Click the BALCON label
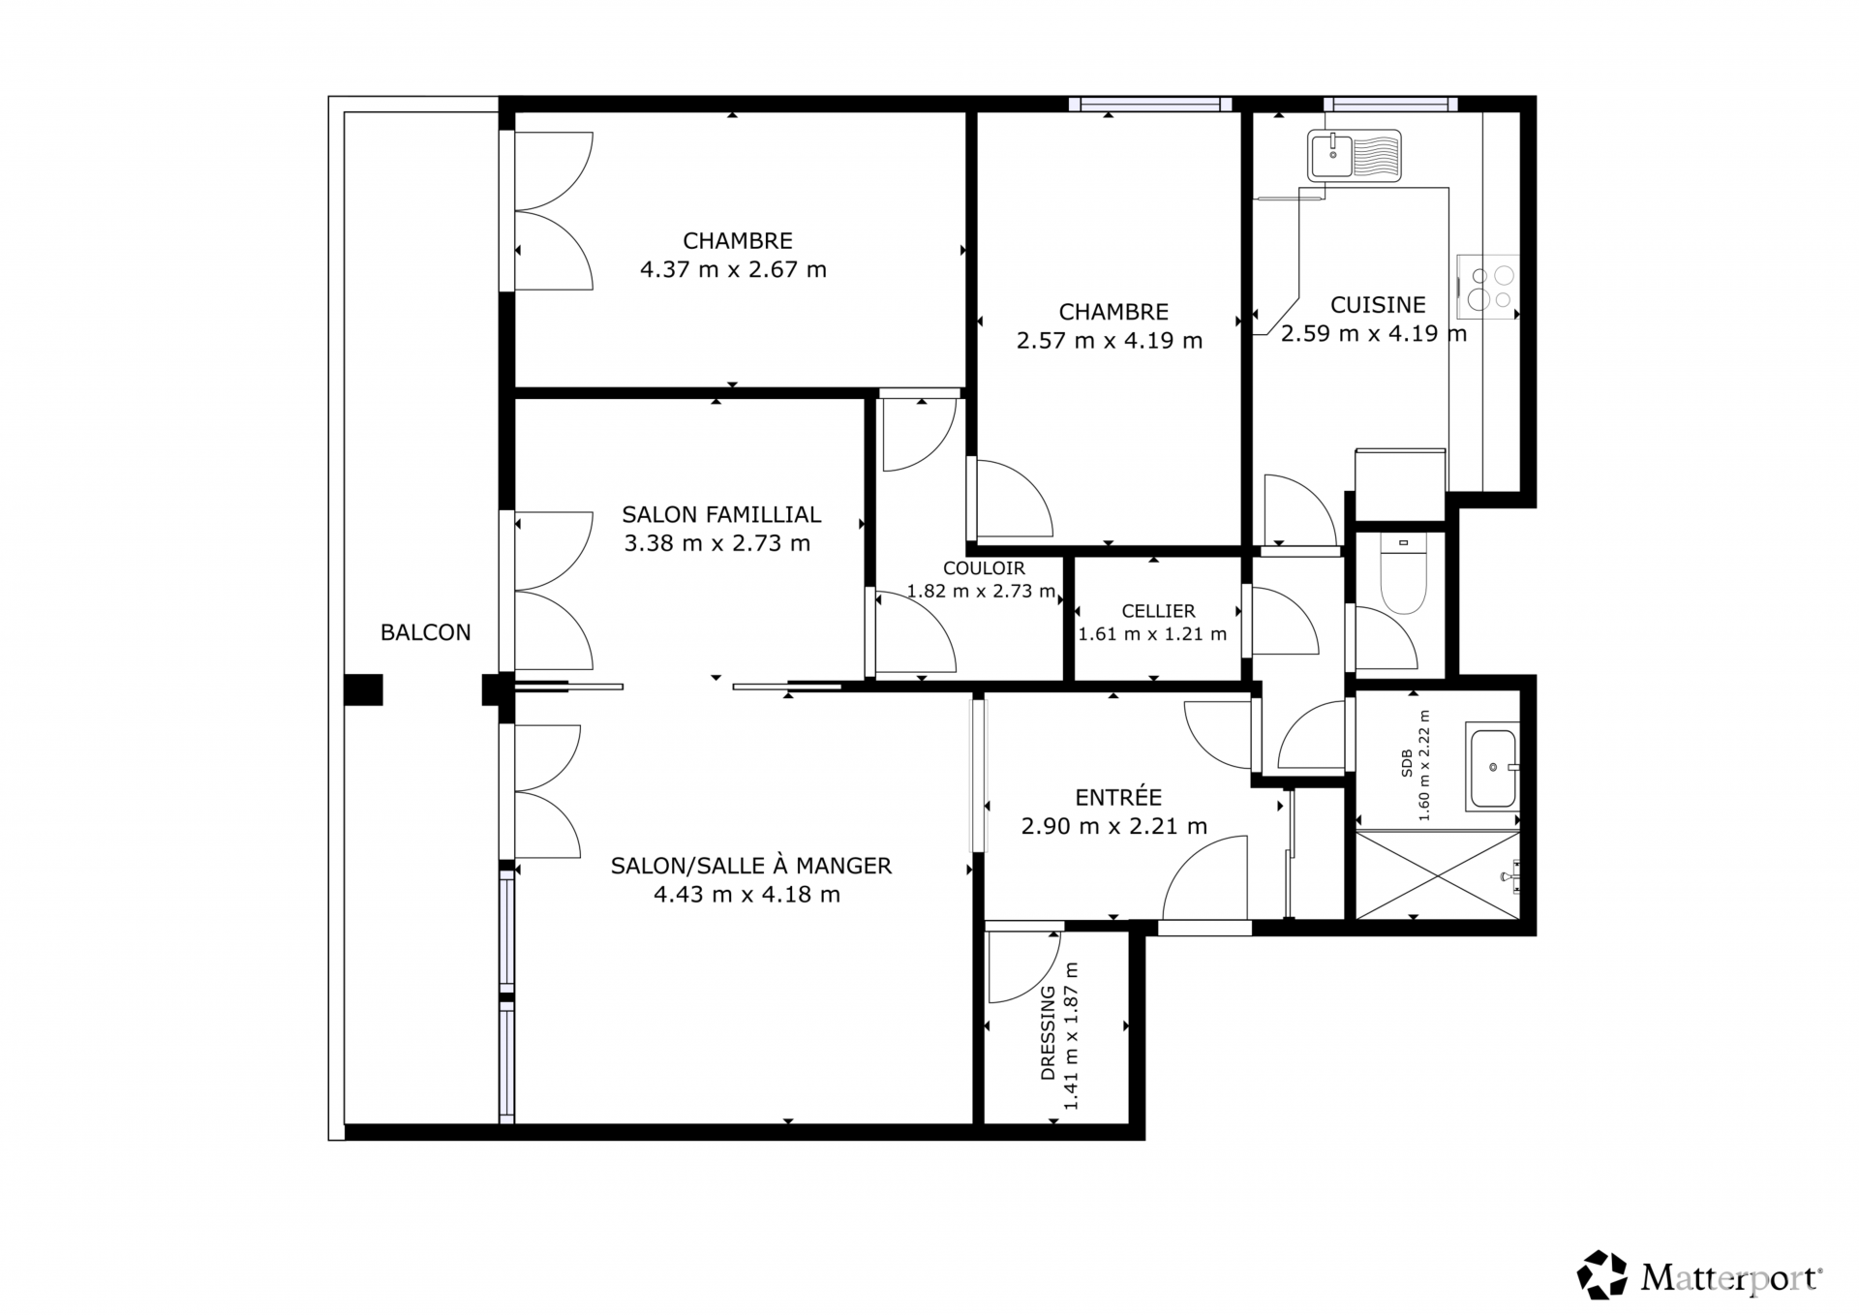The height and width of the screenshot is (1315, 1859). click(x=425, y=632)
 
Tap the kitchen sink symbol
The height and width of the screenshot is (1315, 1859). click(x=1354, y=156)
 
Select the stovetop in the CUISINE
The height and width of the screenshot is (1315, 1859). click(x=1488, y=287)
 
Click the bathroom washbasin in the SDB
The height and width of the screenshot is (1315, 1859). click(x=1492, y=767)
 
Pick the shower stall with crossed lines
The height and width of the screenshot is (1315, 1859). click(x=1438, y=874)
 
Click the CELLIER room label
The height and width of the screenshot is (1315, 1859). click(x=1158, y=611)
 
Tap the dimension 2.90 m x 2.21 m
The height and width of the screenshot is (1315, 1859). click(x=1114, y=826)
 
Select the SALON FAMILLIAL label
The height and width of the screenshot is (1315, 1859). click(x=721, y=514)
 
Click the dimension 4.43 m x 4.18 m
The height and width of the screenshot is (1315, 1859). click(x=747, y=894)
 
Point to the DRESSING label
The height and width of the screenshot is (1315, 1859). click(x=1048, y=1033)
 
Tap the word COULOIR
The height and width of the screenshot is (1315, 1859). click(x=984, y=568)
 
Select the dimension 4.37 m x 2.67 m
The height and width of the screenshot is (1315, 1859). click(x=733, y=269)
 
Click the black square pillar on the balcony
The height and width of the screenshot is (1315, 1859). click(x=363, y=689)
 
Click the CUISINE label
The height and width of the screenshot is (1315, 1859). click(x=1378, y=305)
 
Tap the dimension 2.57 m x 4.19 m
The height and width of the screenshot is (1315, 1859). click(x=1110, y=341)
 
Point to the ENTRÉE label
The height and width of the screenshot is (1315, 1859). click(x=1118, y=797)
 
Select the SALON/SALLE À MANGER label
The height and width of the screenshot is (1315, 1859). click(x=750, y=866)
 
